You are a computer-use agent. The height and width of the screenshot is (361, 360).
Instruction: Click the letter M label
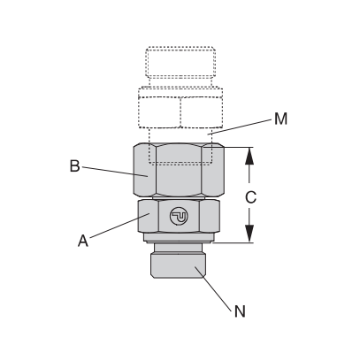click(x=280, y=119)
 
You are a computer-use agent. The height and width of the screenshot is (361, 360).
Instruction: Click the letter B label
click(x=74, y=165)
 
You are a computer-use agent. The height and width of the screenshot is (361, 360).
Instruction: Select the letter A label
click(x=83, y=241)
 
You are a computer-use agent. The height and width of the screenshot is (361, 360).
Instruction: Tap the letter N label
click(x=240, y=311)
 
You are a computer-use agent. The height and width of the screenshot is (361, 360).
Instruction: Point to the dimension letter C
click(x=250, y=197)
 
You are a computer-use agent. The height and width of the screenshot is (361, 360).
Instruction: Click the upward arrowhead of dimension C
click(x=249, y=156)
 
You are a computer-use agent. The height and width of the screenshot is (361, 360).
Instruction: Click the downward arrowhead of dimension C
click(x=249, y=234)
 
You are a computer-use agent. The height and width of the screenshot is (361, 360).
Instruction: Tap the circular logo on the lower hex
click(x=179, y=216)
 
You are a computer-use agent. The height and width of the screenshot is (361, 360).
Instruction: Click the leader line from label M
click(x=239, y=127)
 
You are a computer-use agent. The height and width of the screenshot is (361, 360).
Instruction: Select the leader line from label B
click(x=115, y=172)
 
